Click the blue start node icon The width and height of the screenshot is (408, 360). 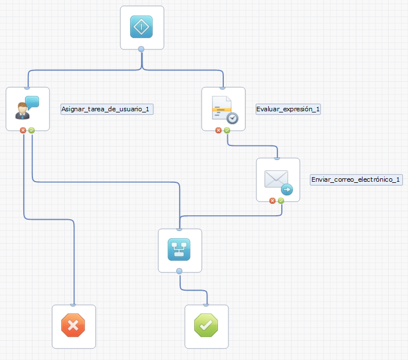click(x=141, y=27)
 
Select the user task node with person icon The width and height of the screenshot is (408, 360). click(x=27, y=108)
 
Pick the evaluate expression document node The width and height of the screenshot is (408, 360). click(x=223, y=108)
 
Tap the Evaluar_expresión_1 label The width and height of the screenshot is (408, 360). click(x=288, y=109)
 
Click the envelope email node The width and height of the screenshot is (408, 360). click(x=278, y=179)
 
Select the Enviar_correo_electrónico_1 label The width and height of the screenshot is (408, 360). click(x=356, y=179)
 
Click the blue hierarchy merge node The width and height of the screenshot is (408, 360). click(x=179, y=250)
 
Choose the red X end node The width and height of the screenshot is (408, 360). click(x=73, y=326)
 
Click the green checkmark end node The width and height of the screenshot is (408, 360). click(x=206, y=326)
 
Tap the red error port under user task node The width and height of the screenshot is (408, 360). click(x=23, y=130)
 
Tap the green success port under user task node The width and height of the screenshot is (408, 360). click(x=31, y=130)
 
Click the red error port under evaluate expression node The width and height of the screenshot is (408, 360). click(x=219, y=130)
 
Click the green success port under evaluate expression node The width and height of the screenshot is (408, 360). click(x=227, y=130)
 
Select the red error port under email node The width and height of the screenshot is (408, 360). click(x=273, y=200)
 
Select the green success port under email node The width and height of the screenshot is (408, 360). click(x=281, y=200)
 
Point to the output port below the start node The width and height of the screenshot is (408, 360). click(x=141, y=49)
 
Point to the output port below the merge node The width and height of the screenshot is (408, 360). click(x=180, y=271)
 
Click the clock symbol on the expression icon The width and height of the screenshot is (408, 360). click(x=232, y=118)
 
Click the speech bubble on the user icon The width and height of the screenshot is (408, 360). click(x=32, y=102)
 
